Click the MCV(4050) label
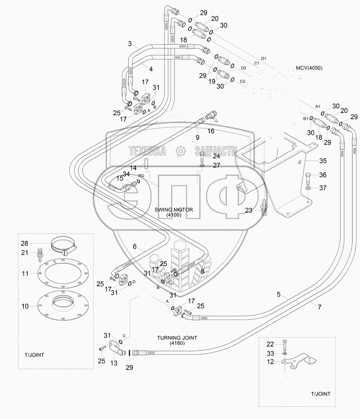pos(309,68)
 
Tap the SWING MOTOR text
pos(174,210)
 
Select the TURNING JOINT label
pos(177,338)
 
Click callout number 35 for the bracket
pos(323,161)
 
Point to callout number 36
pos(323,175)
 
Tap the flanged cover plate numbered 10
pos(63,306)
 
